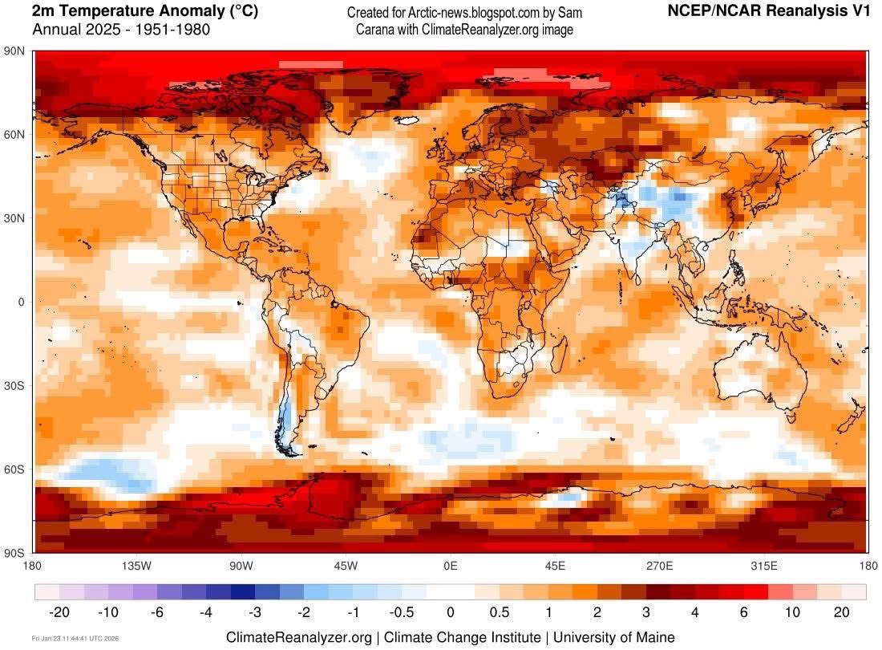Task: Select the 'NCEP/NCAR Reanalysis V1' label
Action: (768, 11)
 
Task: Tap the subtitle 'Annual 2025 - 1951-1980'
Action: (121, 30)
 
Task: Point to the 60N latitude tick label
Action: (15, 134)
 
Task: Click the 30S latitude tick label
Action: (15, 385)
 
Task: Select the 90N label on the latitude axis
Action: (15, 51)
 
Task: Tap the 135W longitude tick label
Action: (136, 566)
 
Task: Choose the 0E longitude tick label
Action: (451, 566)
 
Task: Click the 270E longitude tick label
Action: (660, 566)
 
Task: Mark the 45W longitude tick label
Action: (346, 566)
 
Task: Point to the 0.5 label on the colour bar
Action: (500, 612)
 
